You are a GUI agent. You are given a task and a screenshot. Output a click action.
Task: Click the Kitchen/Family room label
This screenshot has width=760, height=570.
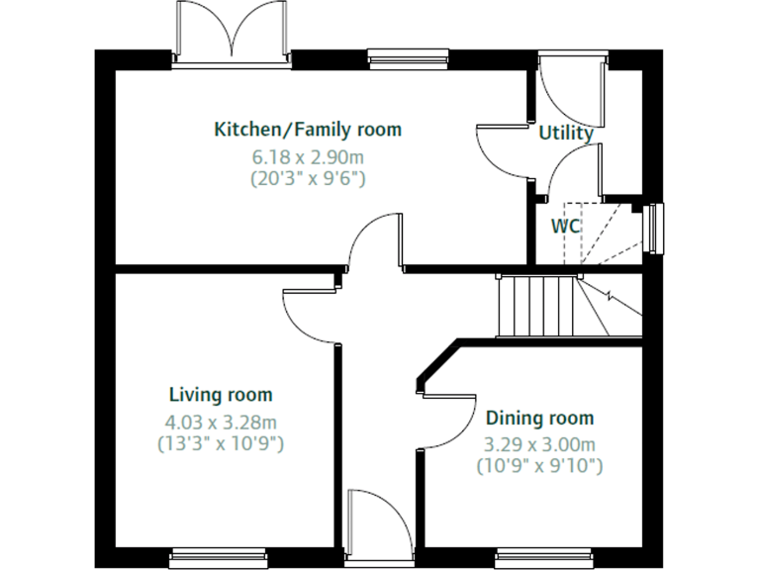pos(308,130)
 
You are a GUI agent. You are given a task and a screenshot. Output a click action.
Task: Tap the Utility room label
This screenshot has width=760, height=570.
pos(566,133)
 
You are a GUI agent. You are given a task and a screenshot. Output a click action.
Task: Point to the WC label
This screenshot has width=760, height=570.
pos(565,226)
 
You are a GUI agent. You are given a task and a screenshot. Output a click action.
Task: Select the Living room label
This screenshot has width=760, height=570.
pos(220,395)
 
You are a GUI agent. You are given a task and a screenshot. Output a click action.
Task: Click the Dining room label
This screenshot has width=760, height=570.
pos(539,418)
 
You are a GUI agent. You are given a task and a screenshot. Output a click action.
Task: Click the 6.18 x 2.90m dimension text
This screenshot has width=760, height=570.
pos(308,156)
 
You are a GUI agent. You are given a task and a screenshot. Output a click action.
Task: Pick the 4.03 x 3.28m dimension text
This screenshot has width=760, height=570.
pos(220,422)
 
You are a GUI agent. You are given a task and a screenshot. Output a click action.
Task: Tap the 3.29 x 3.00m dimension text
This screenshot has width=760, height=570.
pos(539,444)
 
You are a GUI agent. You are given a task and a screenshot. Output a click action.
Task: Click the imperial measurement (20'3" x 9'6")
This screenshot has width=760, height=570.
pos(308,179)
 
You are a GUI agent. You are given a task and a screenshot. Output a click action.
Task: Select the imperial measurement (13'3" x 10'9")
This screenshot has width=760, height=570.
pos(220,444)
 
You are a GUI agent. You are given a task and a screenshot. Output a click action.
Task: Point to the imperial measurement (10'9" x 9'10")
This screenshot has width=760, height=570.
pos(539,465)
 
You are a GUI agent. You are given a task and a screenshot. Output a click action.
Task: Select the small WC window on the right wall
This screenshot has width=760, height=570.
pos(654,229)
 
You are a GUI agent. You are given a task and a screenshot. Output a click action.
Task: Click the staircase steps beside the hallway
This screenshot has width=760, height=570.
pos(536,306)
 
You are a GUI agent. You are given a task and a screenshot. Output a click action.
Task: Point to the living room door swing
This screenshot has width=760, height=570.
pos(312,315)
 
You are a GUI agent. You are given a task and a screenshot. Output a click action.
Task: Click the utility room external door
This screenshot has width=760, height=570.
pos(571,81)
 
